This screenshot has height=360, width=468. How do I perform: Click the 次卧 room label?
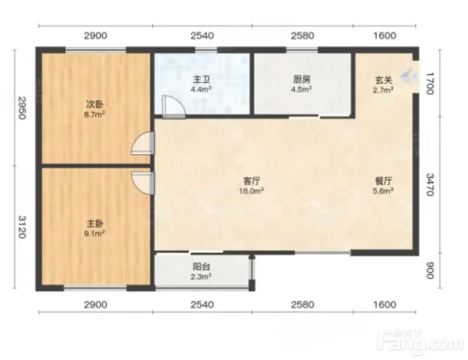point(95,105)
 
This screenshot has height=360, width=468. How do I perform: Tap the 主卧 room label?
point(95,224)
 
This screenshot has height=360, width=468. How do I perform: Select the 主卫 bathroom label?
point(202,80)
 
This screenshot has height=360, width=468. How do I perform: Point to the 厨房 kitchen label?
point(302,80)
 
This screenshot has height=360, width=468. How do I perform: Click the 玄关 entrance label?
point(384,80)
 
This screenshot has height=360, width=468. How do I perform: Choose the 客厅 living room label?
point(251,181)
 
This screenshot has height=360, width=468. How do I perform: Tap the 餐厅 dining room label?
point(383,181)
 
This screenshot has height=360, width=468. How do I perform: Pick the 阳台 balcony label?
point(202,266)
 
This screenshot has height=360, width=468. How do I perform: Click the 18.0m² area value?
point(251,191)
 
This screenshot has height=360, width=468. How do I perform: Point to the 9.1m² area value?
point(95,233)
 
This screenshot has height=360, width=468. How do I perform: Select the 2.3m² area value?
point(202,276)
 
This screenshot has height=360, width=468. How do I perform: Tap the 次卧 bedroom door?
point(143,143)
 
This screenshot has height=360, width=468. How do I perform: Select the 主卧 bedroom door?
point(143,183)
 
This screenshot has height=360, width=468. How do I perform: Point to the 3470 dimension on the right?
point(429,185)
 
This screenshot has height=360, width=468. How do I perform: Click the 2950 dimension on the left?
point(22,108)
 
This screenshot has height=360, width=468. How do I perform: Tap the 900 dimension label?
point(429,270)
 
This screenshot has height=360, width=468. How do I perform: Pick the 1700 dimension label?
point(429,84)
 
